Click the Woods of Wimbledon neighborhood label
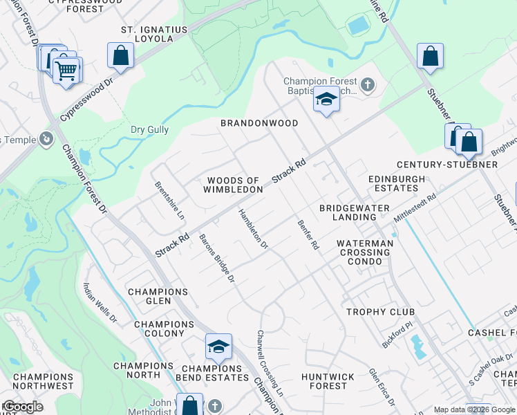click(x=234, y=185)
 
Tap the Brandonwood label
click(x=259, y=123)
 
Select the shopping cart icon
click(x=66, y=71)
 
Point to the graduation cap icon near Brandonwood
click(x=326, y=101)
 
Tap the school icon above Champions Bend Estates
click(x=218, y=347)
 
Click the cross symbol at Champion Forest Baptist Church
click(x=368, y=86)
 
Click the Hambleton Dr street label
click(x=253, y=227)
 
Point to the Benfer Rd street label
click(x=308, y=235)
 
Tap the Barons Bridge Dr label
click(x=217, y=259)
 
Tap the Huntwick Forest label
click(x=328, y=381)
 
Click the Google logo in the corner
click(x=23, y=407)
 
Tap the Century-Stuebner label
click(x=446, y=165)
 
